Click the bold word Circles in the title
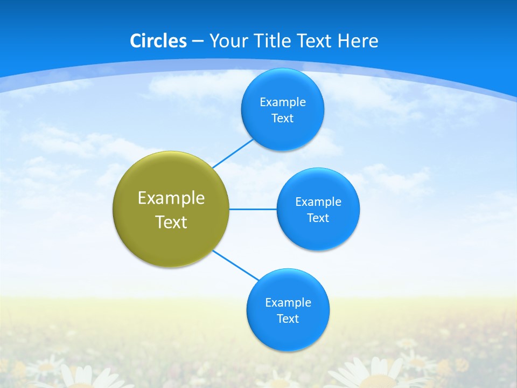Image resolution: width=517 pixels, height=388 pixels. tap(158, 41)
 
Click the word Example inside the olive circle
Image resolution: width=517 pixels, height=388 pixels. tap(171, 198)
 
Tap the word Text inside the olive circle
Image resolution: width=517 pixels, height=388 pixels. tap(171, 222)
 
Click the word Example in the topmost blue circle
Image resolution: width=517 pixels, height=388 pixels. tap(283, 102)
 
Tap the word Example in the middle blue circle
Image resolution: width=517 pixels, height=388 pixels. tap(318, 202)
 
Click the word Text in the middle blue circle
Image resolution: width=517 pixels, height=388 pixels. tap(318, 218)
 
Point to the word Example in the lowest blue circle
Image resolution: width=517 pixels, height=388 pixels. tap(288, 303)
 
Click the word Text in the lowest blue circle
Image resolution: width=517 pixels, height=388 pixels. tap(288, 319)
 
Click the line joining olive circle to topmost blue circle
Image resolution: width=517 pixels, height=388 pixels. tap(233, 154)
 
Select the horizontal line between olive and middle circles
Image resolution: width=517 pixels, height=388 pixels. tap(253, 209)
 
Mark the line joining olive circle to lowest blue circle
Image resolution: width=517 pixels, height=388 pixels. tap(236, 265)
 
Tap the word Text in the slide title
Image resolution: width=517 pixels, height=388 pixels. tap(315, 41)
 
